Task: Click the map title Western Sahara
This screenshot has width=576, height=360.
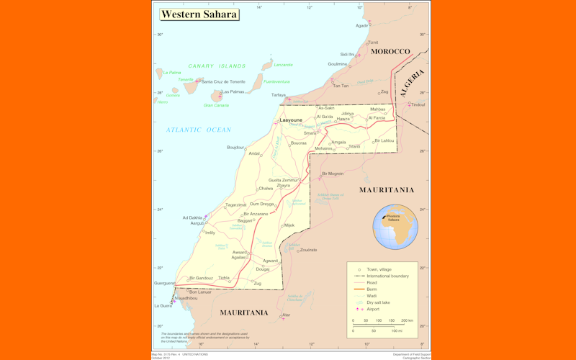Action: [x=198, y=14]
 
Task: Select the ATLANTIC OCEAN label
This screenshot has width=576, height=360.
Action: [x=199, y=130]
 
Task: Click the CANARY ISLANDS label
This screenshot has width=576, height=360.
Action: [x=217, y=66]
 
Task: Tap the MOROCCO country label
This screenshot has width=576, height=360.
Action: [x=390, y=52]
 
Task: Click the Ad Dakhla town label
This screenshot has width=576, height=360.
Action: [x=192, y=217]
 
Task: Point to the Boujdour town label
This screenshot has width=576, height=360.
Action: [x=235, y=147]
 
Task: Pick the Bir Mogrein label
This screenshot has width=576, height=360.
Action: [x=333, y=174]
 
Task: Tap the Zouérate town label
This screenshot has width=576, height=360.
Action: [x=309, y=250]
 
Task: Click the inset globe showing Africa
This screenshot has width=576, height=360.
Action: [x=395, y=227]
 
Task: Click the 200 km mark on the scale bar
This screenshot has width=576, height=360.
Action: [x=408, y=320]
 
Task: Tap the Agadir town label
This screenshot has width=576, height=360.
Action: [x=362, y=25]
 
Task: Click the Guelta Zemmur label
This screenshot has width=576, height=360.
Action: [x=283, y=179]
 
